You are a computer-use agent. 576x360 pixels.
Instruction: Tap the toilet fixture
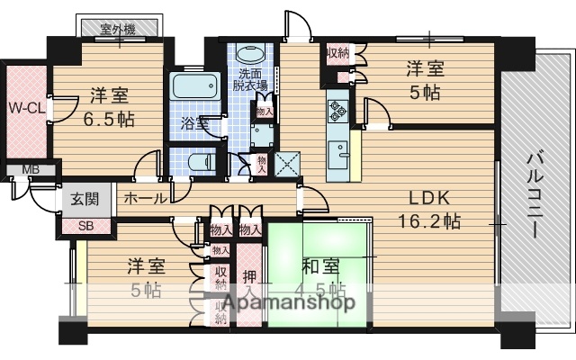coord(200,164)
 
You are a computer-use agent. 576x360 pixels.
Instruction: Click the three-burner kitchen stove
coord(339,110)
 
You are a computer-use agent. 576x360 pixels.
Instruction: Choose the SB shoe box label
coord(87,226)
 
